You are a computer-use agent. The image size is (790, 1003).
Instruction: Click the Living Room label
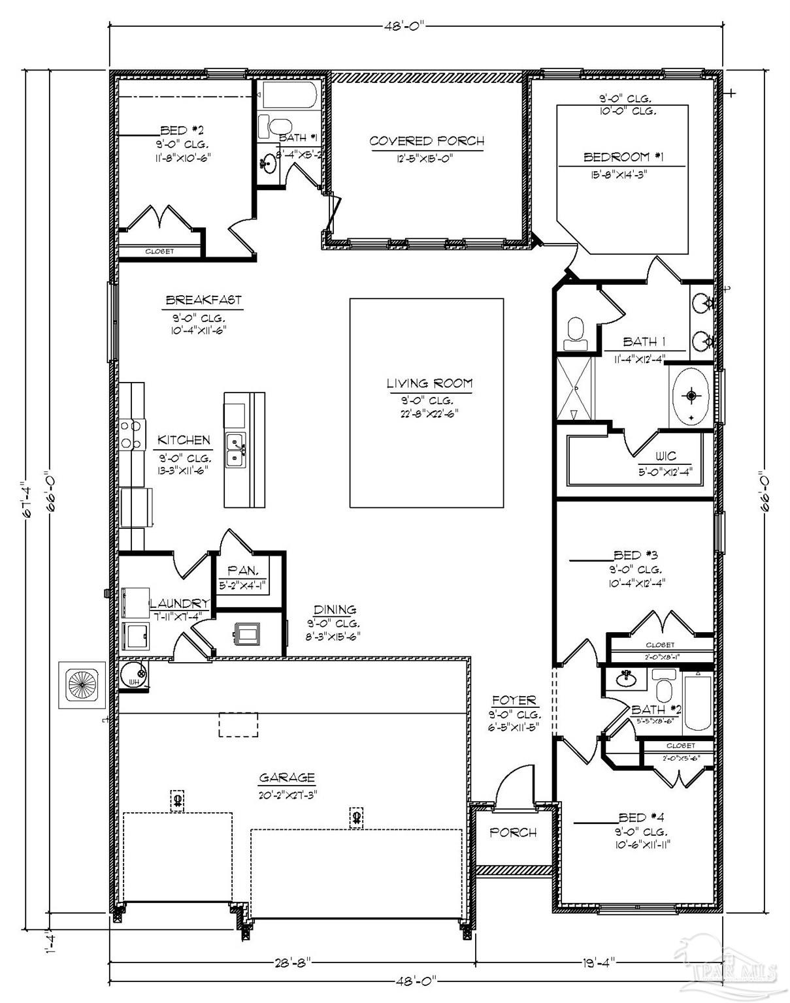(429, 383)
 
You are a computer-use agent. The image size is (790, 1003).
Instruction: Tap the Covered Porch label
(427, 141)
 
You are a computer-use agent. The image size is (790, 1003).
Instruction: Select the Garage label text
(287, 778)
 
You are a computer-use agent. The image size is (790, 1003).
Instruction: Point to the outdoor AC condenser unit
(82, 684)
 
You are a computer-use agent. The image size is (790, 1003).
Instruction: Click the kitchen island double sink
(235, 450)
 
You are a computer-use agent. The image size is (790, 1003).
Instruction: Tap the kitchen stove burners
(131, 434)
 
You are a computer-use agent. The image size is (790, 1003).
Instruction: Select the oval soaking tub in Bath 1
(691, 396)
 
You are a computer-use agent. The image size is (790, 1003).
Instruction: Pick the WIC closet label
(665, 456)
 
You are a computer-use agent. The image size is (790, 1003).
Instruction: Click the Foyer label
(514, 701)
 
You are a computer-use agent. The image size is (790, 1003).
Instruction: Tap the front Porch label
(513, 833)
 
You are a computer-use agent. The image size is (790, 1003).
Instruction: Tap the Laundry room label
(180, 603)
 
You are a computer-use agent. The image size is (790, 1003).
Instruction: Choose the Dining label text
(335, 609)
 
